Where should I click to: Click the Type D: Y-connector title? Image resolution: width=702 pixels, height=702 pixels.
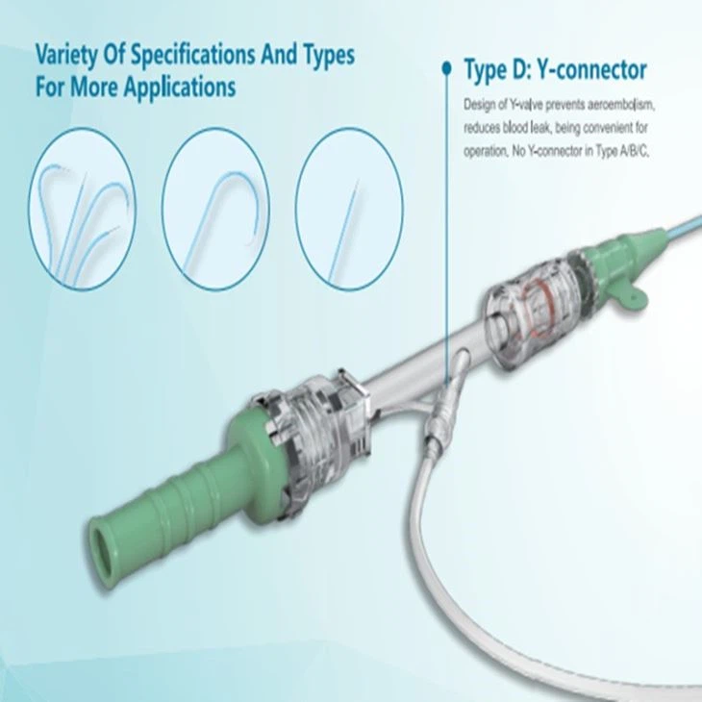pos(555,70)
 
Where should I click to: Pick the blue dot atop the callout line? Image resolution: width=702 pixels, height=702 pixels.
pos(446,67)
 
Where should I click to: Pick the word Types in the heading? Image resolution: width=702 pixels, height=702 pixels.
pos(321,55)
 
